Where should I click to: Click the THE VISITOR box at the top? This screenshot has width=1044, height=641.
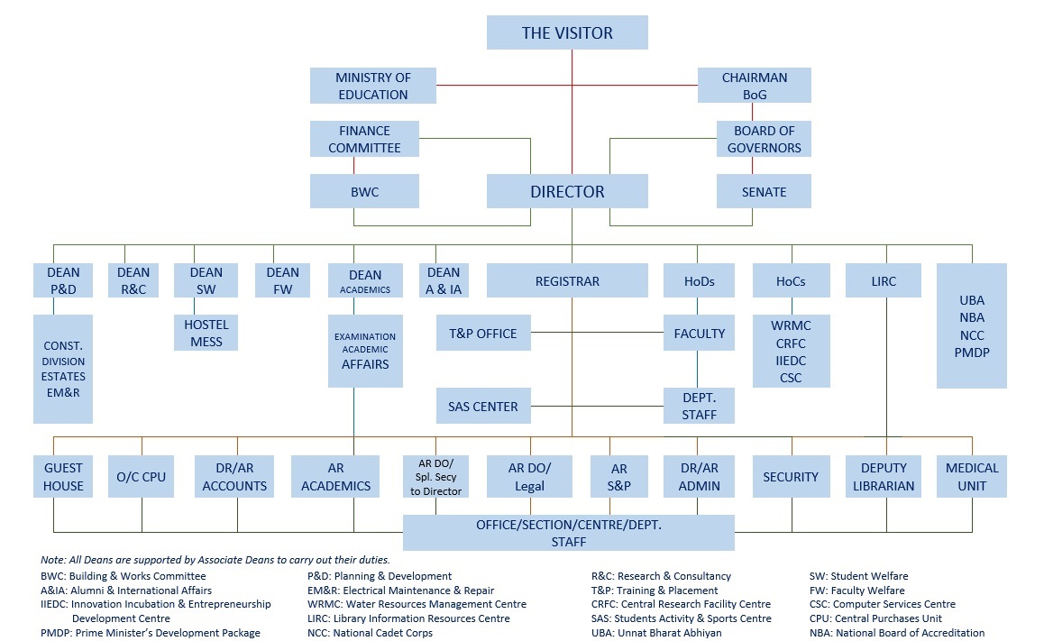[567, 33]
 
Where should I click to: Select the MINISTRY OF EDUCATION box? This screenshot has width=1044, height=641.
[372, 86]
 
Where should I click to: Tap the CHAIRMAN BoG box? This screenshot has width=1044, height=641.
[754, 86]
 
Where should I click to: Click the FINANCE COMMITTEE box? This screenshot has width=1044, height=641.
[364, 139]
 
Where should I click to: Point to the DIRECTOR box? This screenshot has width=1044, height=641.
[567, 191]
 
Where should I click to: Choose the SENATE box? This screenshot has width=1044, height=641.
[764, 192]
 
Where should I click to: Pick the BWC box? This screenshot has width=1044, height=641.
[364, 192]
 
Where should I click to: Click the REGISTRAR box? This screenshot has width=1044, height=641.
[567, 281]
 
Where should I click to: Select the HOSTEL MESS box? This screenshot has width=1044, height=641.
[206, 333]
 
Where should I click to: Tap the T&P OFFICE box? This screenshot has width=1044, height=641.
[483, 334]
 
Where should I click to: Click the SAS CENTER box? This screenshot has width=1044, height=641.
[483, 407]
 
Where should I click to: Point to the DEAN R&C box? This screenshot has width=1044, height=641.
[133, 280]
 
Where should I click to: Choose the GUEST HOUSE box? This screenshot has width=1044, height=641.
[63, 477]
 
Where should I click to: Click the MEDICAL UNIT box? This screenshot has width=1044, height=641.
[972, 477]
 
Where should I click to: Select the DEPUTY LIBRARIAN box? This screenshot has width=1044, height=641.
[884, 477]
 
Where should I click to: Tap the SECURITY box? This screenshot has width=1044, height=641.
[791, 477]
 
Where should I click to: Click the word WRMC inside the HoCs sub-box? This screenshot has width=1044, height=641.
[790, 325]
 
